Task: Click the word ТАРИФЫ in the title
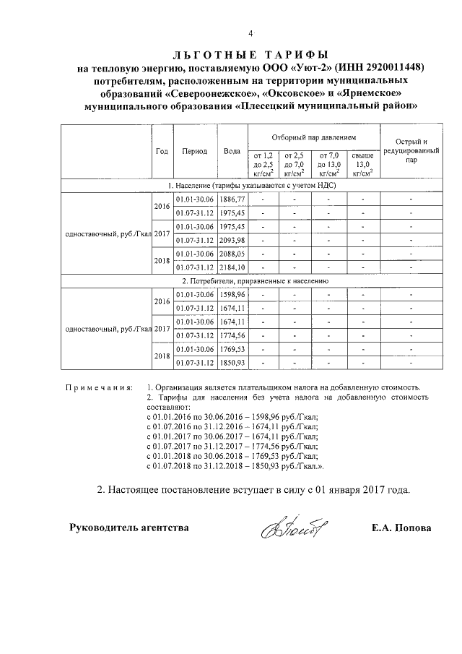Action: (289, 55)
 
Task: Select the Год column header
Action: (162, 151)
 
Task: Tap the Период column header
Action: (195, 151)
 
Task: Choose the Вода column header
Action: (232, 151)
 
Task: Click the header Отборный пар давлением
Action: (313, 137)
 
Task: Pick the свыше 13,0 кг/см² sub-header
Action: (361, 163)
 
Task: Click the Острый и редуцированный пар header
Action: (411, 151)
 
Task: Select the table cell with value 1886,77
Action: (232, 199)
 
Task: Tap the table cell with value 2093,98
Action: (232, 240)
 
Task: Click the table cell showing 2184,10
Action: (232, 267)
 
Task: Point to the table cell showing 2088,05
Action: (232, 254)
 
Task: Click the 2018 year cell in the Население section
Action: (162, 260)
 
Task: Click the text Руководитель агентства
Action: (128, 528)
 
